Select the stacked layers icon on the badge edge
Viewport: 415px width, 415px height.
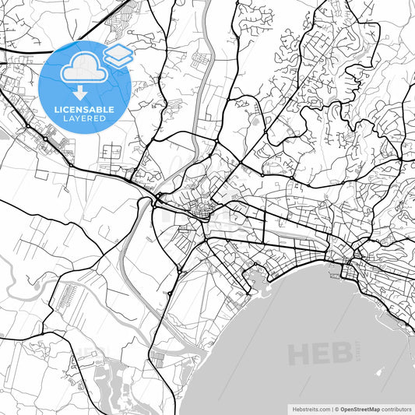[x=118, y=54]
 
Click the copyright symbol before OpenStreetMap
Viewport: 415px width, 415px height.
[x=336, y=408]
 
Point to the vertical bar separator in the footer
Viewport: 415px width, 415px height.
[x=331, y=408]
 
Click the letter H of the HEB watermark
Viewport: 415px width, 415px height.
[x=299, y=355]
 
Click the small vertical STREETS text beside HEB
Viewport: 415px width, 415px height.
[x=357, y=353]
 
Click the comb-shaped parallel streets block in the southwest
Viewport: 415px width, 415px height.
[x=62, y=295]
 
